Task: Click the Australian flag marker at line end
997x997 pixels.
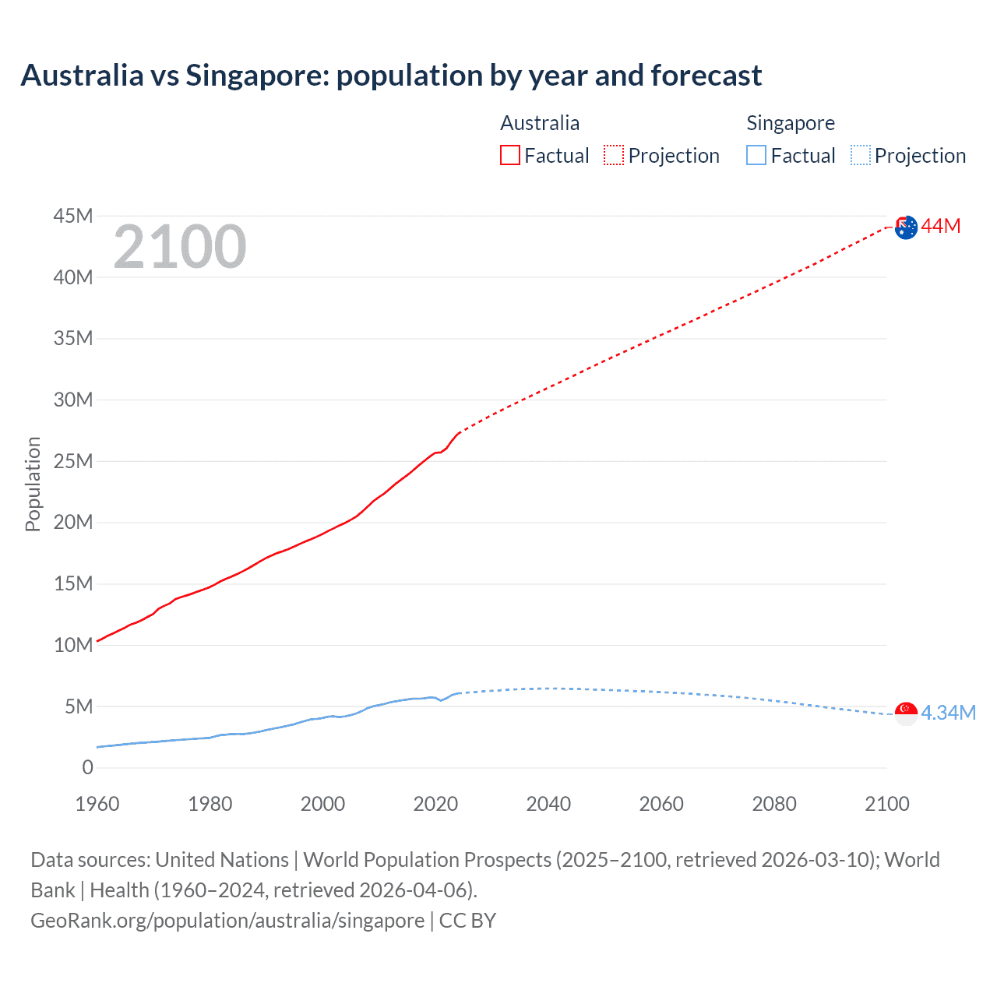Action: pos(906,227)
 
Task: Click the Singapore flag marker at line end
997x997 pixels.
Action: pos(906,713)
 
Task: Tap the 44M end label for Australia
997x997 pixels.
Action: pos(941,227)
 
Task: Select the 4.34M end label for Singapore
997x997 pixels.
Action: pos(948,713)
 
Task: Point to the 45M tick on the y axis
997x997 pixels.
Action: pos(73,216)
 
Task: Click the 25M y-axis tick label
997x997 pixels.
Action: pos(73,461)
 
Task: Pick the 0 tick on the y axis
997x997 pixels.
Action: pos(87,768)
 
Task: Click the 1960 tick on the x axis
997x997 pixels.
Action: pos(97,804)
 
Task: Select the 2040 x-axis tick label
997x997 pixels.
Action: pos(548,804)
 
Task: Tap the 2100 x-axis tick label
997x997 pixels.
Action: pos(886,804)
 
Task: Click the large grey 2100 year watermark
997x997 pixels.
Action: pos(180,247)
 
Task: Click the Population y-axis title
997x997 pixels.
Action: pos(33,484)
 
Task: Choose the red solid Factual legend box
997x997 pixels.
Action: pos(509,155)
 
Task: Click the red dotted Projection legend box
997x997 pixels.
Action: pos(614,155)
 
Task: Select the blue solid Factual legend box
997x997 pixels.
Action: pos(756,155)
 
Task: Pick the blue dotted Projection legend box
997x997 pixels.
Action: pos(860,155)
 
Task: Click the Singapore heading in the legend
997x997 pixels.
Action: pos(790,123)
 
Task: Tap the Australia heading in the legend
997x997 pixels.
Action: pos(539,123)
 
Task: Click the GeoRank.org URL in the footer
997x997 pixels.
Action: pos(227,921)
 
